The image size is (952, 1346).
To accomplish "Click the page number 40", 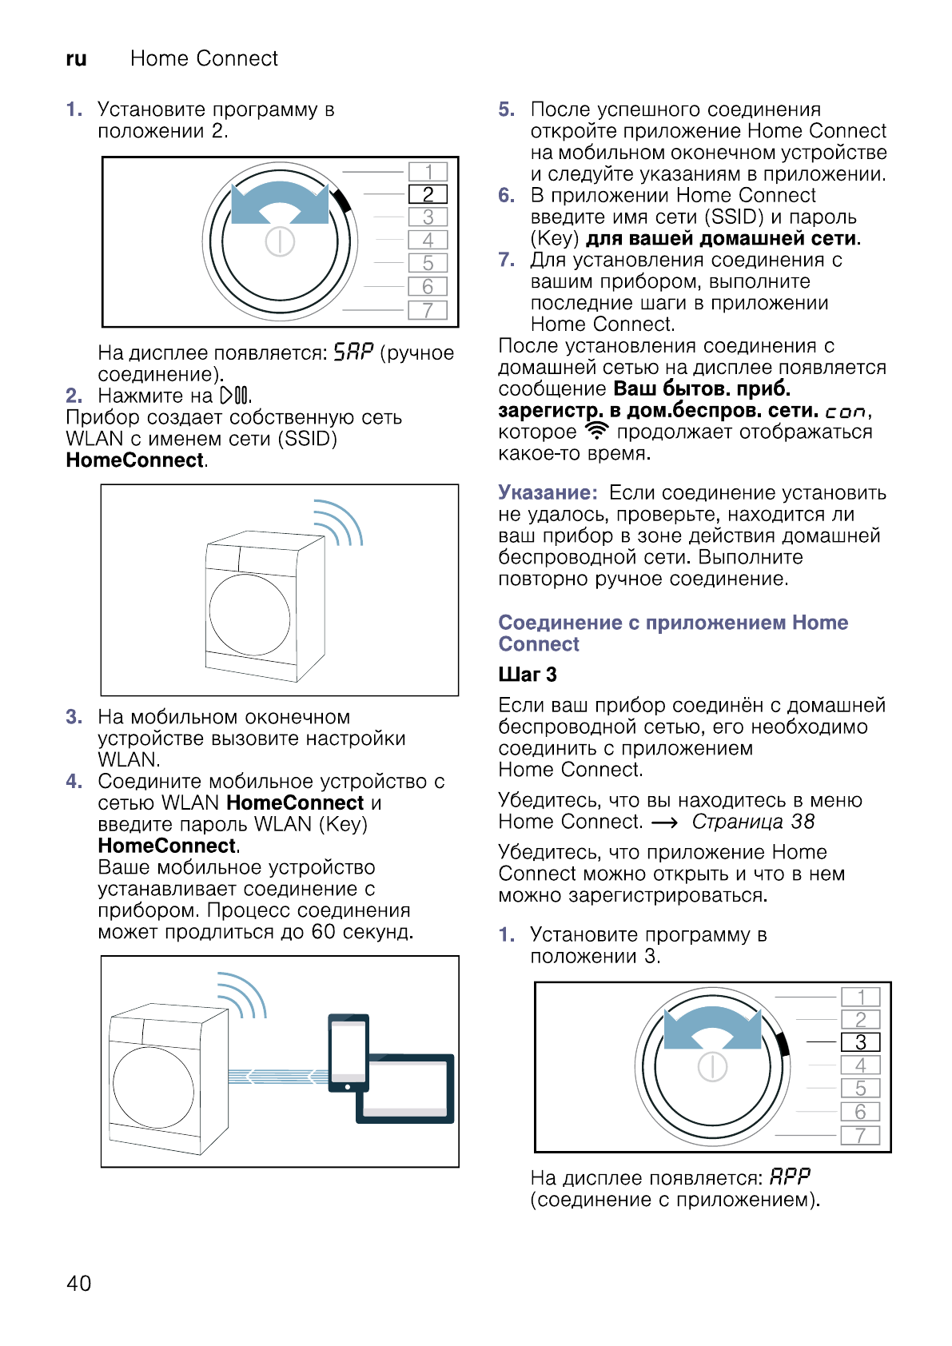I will click(x=78, y=1283).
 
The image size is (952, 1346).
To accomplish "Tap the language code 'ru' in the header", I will click(x=76, y=58).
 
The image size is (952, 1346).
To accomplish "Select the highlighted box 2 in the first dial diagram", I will click(x=428, y=194).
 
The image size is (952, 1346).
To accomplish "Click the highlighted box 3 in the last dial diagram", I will click(x=860, y=1042).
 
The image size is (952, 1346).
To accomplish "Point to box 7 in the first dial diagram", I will click(x=428, y=310).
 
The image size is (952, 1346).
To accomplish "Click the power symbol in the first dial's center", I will click(x=280, y=241).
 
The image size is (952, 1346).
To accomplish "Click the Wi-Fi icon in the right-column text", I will click(x=596, y=432).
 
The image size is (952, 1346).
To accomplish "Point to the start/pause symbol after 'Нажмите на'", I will click(x=236, y=396).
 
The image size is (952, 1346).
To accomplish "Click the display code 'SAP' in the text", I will click(x=353, y=352).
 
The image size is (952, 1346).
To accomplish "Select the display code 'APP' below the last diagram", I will click(x=790, y=1177).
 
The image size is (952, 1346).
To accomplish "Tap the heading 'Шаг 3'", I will click(x=528, y=675).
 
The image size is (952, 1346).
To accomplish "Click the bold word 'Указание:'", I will click(x=548, y=492).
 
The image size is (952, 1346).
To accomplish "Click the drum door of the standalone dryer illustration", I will click(x=249, y=614).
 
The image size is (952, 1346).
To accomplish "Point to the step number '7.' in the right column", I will click(x=507, y=260).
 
